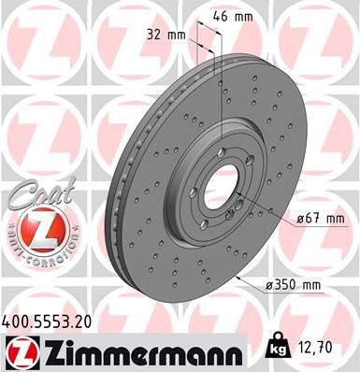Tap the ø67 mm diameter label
[x=320, y=219]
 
